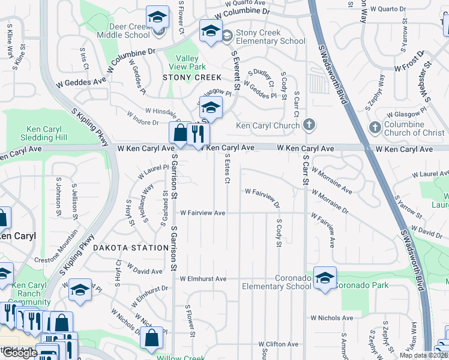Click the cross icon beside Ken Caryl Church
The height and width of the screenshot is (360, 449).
(x=309, y=125)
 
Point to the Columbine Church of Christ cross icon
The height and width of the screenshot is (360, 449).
(x=375, y=127)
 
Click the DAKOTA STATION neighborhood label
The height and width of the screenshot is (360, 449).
(x=130, y=247)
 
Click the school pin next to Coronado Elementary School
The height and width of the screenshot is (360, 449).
(x=325, y=277)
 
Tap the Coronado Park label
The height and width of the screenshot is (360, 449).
(x=358, y=278)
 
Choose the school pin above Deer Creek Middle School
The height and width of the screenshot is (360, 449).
(x=158, y=17)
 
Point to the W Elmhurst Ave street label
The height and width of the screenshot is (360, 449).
(x=203, y=279)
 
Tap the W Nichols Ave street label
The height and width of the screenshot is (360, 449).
(x=331, y=317)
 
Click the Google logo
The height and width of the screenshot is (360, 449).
(x=21, y=353)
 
